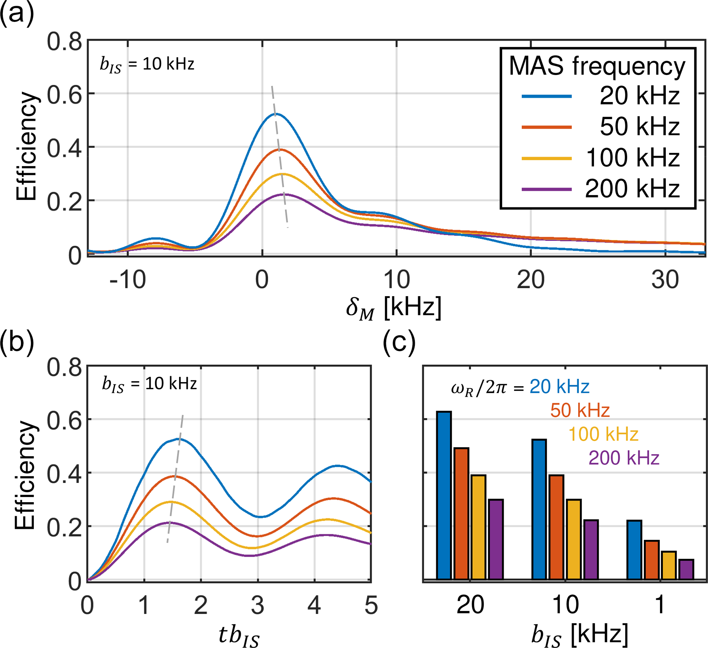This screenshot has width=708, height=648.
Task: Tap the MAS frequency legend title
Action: [x=597, y=66]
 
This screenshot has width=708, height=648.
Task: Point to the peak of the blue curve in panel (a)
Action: [x=276, y=114]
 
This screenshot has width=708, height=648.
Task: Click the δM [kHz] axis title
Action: [x=393, y=308]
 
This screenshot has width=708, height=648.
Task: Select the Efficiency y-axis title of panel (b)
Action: [x=25, y=475]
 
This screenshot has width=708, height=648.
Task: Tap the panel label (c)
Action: [x=399, y=342]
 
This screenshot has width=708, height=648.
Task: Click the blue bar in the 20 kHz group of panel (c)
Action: [x=444, y=495]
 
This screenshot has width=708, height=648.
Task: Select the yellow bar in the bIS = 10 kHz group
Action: [x=574, y=539]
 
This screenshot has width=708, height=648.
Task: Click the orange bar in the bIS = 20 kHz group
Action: [x=461, y=513]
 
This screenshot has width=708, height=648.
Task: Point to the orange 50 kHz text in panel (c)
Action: [x=580, y=410]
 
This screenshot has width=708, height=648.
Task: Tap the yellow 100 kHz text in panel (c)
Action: [x=603, y=434]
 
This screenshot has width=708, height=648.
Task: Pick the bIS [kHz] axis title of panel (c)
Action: [x=580, y=635]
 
